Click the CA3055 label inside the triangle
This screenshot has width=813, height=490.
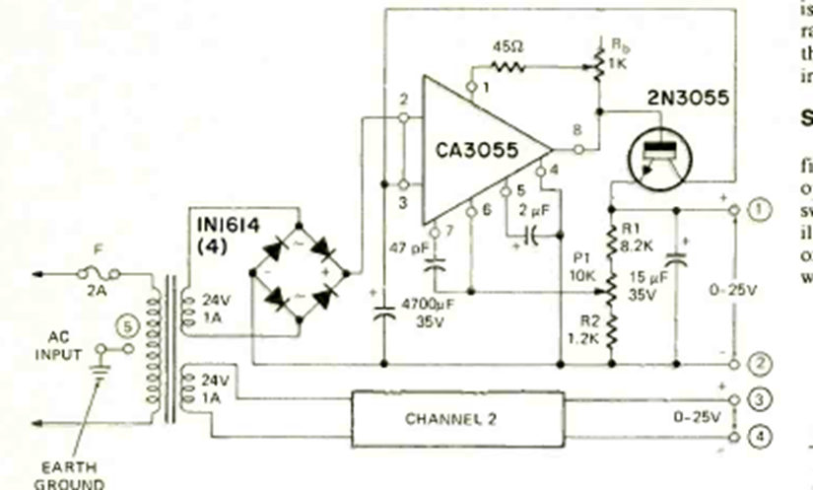pos(477,151)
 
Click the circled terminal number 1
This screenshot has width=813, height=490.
pos(759,208)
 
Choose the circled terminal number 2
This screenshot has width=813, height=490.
pos(759,364)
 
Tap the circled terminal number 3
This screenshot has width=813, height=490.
pos(759,398)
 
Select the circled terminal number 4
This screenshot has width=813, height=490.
pos(759,434)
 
